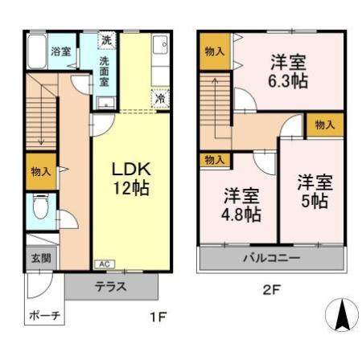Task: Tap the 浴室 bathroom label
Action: click(60, 51)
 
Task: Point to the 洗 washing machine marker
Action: click(106, 39)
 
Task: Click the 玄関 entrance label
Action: click(41, 258)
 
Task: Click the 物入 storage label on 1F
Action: click(41, 171)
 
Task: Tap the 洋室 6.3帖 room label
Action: click(286, 70)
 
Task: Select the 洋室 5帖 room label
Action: click(312, 190)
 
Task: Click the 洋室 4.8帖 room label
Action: click(241, 204)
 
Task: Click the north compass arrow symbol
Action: click(341, 314)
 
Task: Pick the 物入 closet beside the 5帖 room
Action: click(325, 125)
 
